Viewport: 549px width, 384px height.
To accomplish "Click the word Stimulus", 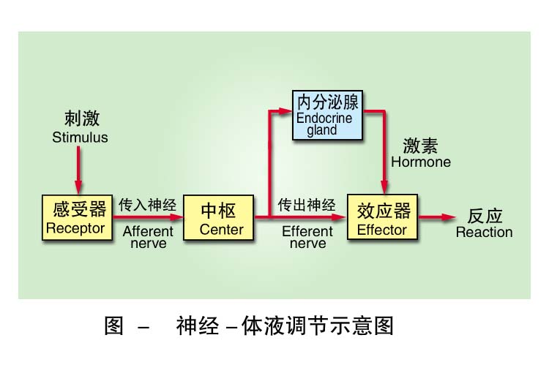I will (x=80, y=138).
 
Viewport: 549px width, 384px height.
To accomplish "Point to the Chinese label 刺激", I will (x=81, y=118).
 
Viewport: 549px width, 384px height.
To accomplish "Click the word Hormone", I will (x=421, y=161).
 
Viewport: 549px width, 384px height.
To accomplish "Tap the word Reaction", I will (x=484, y=233).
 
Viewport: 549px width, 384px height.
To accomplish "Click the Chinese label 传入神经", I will (x=148, y=205).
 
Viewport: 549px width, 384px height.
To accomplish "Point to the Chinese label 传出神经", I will (x=307, y=205).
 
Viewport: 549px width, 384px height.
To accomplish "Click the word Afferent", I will (x=148, y=231).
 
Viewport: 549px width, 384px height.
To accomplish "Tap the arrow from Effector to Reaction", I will (x=438, y=217).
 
